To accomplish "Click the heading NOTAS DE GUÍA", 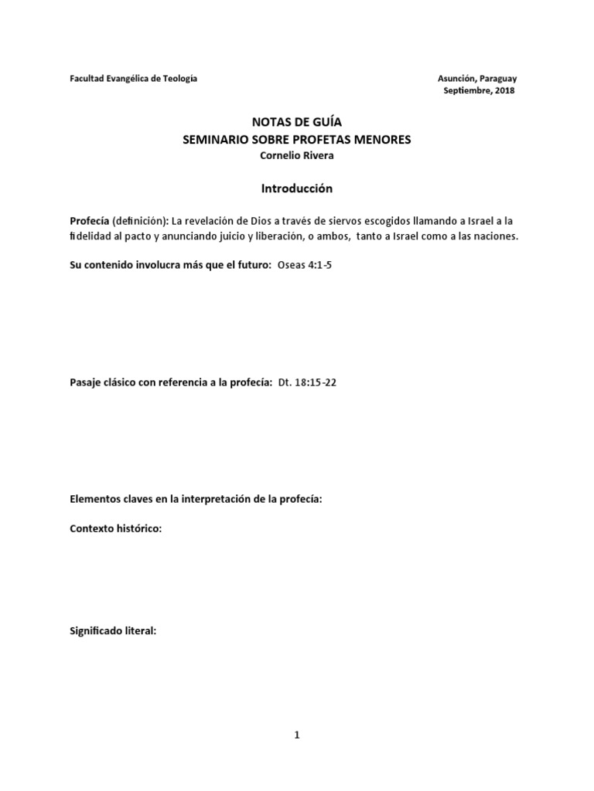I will (x=296, y=122).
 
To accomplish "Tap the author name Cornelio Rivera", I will (x=296, y=155).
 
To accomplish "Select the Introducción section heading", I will (x=296, y=188).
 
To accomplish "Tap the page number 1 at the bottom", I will (x=296, y=735).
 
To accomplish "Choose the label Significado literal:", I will (x=113, y=631).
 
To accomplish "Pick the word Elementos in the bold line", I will (x=94, y=499).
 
